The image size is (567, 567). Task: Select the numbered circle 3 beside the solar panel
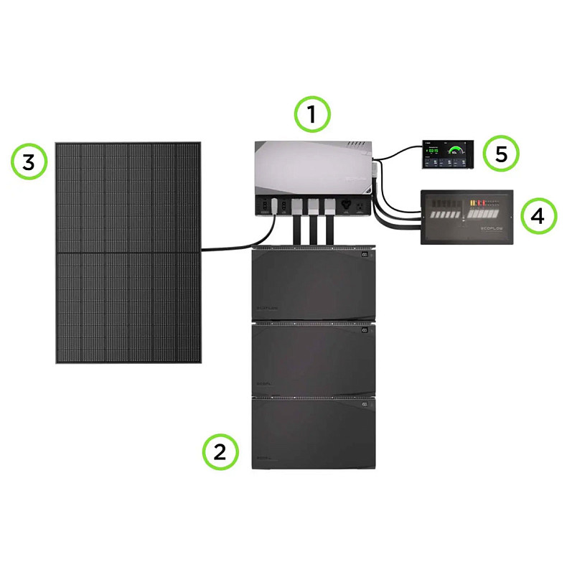tap(29, 163)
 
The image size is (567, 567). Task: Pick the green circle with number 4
tap(538, 216)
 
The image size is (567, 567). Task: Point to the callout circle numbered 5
tap(500, 154)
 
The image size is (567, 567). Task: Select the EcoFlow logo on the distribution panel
tap(490, 229)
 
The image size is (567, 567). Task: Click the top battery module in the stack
tap(313, 283)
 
